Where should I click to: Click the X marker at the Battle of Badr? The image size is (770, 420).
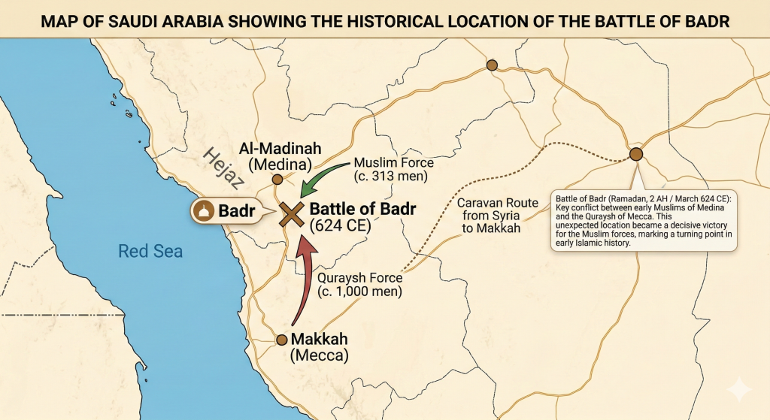coord(291,213)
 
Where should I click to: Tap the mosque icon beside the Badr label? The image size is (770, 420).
coord(202,212)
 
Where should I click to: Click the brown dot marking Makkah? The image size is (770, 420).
coord(283,339)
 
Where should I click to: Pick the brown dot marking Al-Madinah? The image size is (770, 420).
coord(277,179)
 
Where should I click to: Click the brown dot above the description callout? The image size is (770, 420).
coord(636,155)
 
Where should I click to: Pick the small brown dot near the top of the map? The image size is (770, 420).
coord(492,65)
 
